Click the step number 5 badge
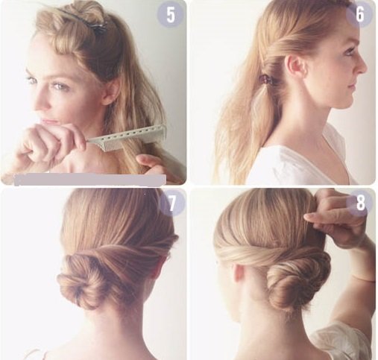point(171,16)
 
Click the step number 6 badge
point(360,15)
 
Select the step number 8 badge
point(360,203)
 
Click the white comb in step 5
point(127,139)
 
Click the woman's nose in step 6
point(362,65)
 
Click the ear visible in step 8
point(239,274)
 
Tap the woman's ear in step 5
point(110,92)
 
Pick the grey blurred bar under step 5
point(90,180)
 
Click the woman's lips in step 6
point(350,87)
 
